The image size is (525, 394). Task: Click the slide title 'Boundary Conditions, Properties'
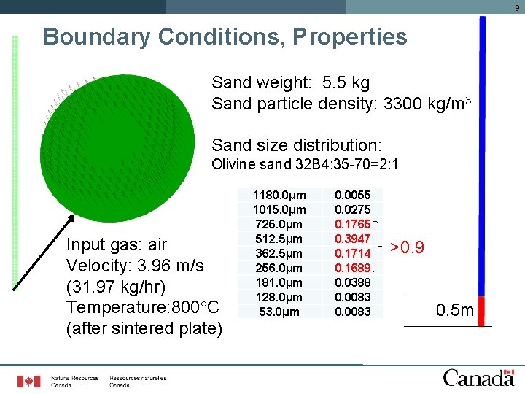point(225,36)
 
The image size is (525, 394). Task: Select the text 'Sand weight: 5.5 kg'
point(290,82)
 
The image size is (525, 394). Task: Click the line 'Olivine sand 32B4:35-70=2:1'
point(304,164)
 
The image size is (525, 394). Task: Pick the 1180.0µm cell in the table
point(279,195)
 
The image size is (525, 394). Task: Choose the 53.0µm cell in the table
point(279,312)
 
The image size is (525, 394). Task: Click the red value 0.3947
point(352,239)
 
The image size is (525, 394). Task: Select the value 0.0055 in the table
point(352,195)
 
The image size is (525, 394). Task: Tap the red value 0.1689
point(352,268)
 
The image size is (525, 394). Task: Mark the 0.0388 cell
point(352,282)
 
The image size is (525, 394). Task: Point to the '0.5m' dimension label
point(455,312)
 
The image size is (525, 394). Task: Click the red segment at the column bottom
point(481,310)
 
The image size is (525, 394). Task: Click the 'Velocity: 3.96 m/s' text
point(135,264)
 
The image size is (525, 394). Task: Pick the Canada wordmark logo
point(478,378)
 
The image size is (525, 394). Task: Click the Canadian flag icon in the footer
point(29,381)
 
